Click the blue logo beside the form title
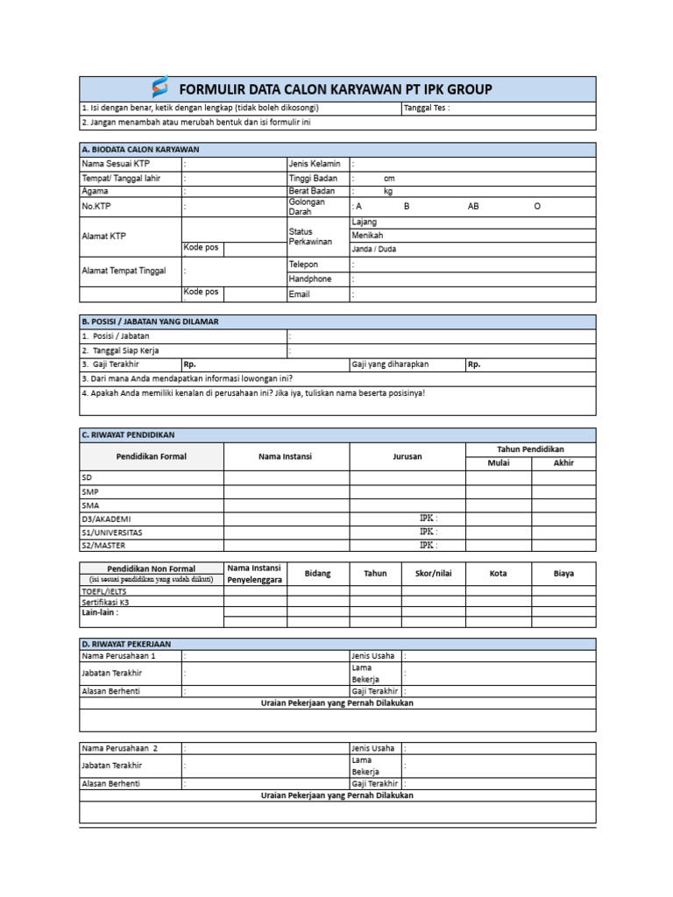click(159, 88)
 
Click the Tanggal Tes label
click(425, 109)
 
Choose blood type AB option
click(473, 207)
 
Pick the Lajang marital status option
click(364, 222)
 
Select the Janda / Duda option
click(373, 249)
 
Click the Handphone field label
click(310, 279)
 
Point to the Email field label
click(300, 294)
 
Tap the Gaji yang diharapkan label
click(391, 364)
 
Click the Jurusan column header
click(407, 456)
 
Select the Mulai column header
click(498, 463)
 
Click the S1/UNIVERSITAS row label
click(112, 532)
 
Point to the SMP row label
click(90, 491)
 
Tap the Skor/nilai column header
click(434, 574)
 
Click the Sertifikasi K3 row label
click(110, 603)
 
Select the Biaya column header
click(563, 574)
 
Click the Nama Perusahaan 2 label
click(119, 749)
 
